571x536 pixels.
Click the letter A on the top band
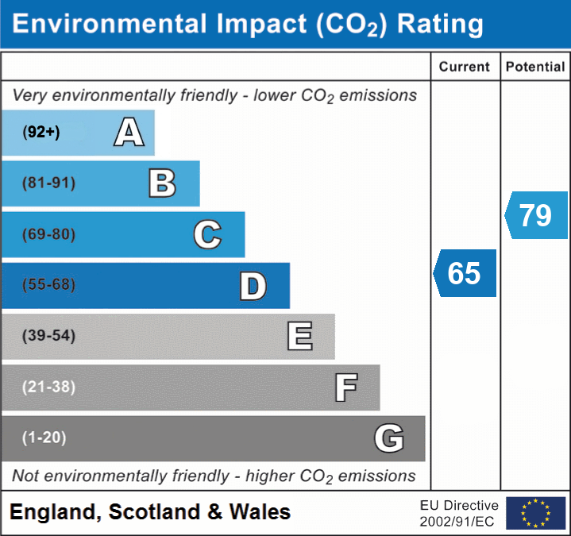[x=129, y=133]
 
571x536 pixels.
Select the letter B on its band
[x=162, y=183]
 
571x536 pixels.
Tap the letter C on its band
[x=207, y=235]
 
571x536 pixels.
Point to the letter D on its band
[x=253, y=286]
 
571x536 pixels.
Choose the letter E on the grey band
[x=299, y=337]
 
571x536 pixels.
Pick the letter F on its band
[x=345, y=388]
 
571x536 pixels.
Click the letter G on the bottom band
[x=389, y=438]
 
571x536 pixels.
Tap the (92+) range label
[x=41, y=133]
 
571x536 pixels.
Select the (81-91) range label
[x=49, y=183]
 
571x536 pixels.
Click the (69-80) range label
[x=49, y=235]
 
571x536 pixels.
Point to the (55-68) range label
[x=49, y=285]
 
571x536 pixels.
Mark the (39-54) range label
[x=49, y=336]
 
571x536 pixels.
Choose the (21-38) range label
[x=49, y=387]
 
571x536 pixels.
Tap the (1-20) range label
[x=44, y=438]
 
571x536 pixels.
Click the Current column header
[x=465, y=67]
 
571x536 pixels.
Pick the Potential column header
[x=535, y=67]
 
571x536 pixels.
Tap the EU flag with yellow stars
[x=535, y=513]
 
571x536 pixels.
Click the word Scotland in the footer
[x=153, y=512]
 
